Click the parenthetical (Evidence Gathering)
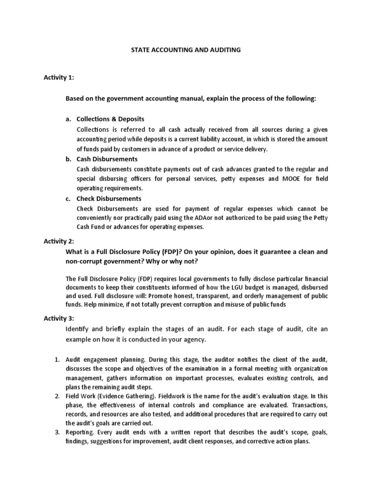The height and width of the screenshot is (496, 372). tap(139, 395)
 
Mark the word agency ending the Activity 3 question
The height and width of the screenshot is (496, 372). tap(195, 340)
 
